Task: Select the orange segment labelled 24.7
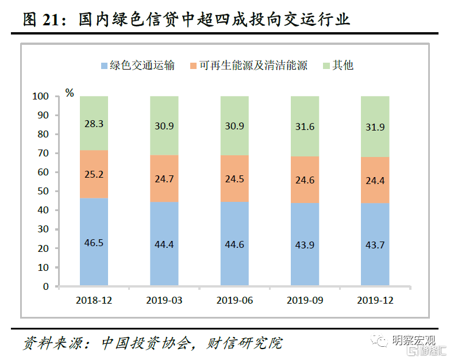(164, 178)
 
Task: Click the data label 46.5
(94, 243)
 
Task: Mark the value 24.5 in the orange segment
(234, 179)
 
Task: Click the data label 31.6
(305, 127)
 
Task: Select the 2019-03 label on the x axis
(164, 300)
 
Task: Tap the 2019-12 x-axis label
(375, 300)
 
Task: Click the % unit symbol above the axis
(70, 93)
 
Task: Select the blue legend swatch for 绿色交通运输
(104, 66)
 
